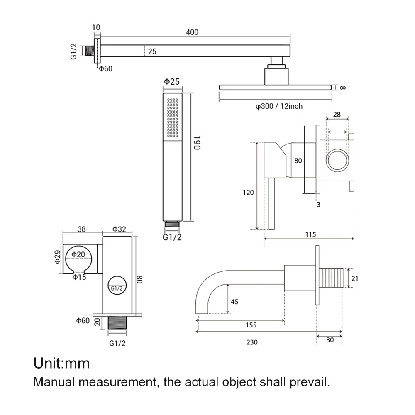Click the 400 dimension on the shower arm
point(192,32)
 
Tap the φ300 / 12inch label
point(279,106)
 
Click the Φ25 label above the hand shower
point(172,82)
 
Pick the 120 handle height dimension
point(248,193)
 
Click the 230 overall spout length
point(251,342)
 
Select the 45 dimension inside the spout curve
point(234,302)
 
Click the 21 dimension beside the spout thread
point(354,278)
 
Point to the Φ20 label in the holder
point(79,254)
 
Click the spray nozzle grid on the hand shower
point(172,117)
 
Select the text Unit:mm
point(61,364)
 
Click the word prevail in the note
point(315,382)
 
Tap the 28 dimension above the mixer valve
point(337,114)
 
